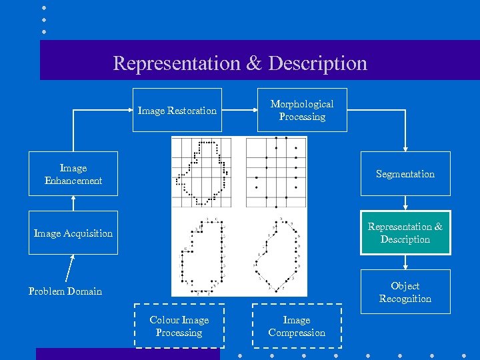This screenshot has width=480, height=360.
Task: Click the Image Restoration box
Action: click(x=177, y=110)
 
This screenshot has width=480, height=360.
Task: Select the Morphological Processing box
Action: click(x=302, y=110)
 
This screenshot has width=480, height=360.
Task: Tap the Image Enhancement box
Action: click(x=73, y=174)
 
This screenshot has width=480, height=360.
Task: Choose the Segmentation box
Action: click(x=405, y=174)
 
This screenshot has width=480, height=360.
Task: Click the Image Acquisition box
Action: click(x=73, y=233)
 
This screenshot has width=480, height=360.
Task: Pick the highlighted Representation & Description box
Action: click(x=405, y=233)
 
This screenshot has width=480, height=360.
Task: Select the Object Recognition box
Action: click(x=405, y=292)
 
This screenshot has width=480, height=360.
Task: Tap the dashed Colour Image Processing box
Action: click(x=179, y=326)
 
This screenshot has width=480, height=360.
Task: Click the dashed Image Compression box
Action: click(x=297, y=326)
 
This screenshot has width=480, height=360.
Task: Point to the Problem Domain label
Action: click(x=65, y=291)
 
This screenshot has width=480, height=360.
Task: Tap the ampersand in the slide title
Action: click(x=254, y=63)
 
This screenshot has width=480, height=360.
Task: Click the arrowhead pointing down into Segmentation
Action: click(x=405, y=147)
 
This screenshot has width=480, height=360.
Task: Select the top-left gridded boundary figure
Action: click(x=201, y=172)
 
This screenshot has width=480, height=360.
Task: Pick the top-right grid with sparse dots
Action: click(x=276, y=172)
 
